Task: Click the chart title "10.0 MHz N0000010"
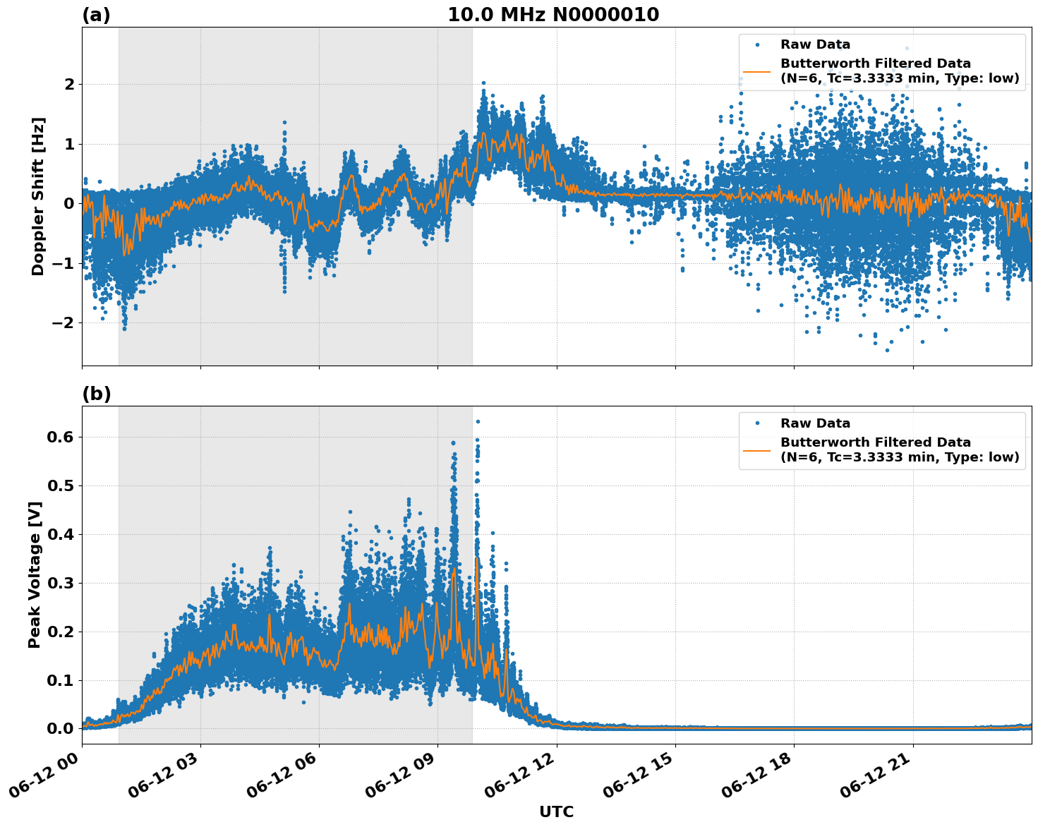click(553, 15)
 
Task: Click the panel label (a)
click(96, 15)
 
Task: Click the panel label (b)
click(96, 394)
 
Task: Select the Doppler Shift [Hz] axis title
click(38, 196)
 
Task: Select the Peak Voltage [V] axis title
click(35, 574)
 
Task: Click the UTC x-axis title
click(556, 811)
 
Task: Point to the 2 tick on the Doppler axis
click(69, 85)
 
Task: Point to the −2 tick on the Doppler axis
click(64, 323)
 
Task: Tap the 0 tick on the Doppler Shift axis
click(69, 204)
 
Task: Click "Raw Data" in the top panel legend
click(815, 44)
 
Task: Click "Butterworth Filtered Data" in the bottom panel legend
click(875, 442)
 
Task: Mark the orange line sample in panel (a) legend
click(757, 71)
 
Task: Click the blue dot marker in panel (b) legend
click(757, 423)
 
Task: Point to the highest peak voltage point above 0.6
click(478, 421)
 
